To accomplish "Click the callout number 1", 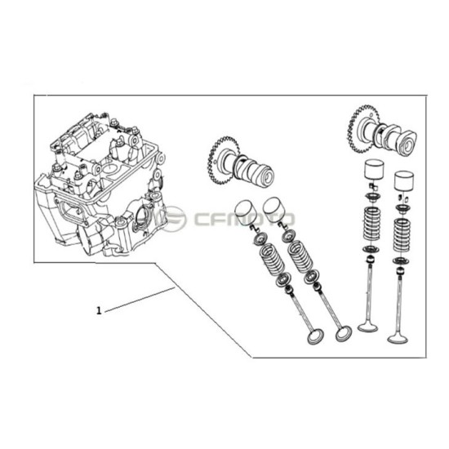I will tap(99, 310).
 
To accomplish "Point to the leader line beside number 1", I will tap(139, 299).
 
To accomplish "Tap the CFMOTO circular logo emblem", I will tap(174, 218).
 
